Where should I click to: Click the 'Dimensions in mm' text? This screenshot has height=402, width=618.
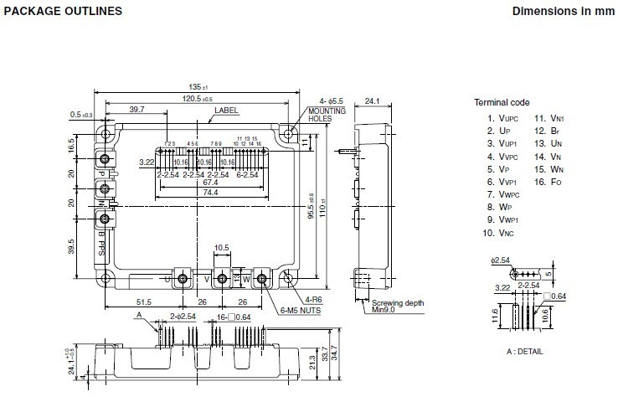click(x=561, y=12)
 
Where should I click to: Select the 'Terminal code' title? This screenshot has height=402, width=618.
click(x=502, y=102)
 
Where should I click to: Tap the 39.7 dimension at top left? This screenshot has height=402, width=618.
click(x=136, y=110)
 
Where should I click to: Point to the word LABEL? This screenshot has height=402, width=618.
click(x=225, y=110)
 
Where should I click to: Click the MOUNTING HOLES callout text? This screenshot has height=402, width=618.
click(x=325, y=115)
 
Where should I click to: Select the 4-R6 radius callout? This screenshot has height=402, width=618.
click(x=315, y=298)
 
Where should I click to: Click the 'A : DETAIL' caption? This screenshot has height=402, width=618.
click(x=524, y=351)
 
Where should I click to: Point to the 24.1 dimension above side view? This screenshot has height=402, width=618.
click(x=373, y=103)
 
